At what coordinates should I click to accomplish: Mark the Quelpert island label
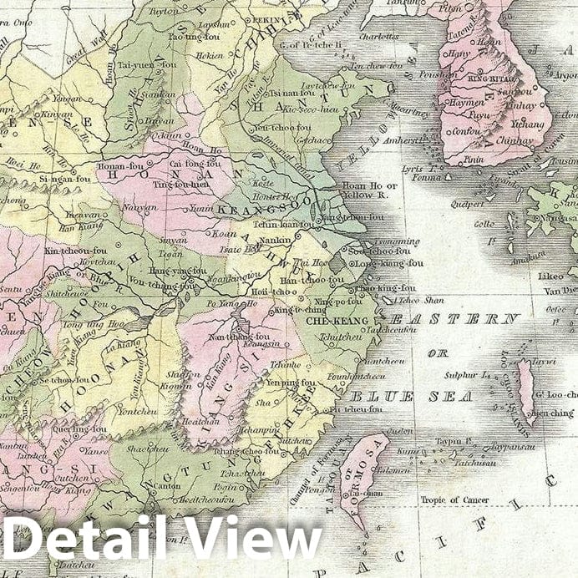pyautogui.click(x=467, y=203)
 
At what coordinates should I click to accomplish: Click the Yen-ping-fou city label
pyautogui.click(x=289, y=383)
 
